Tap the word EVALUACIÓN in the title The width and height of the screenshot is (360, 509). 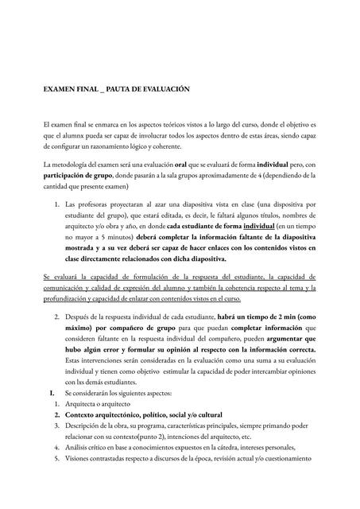[x=164, y=90]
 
